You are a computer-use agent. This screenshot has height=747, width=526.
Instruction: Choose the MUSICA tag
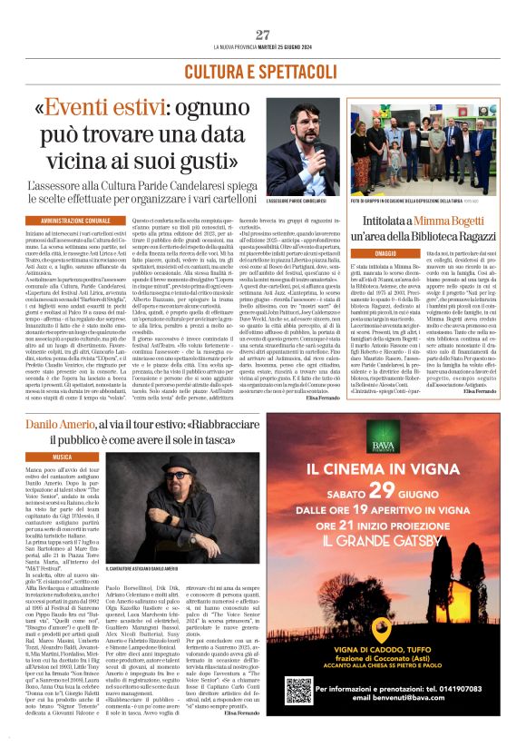[63, 457]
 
